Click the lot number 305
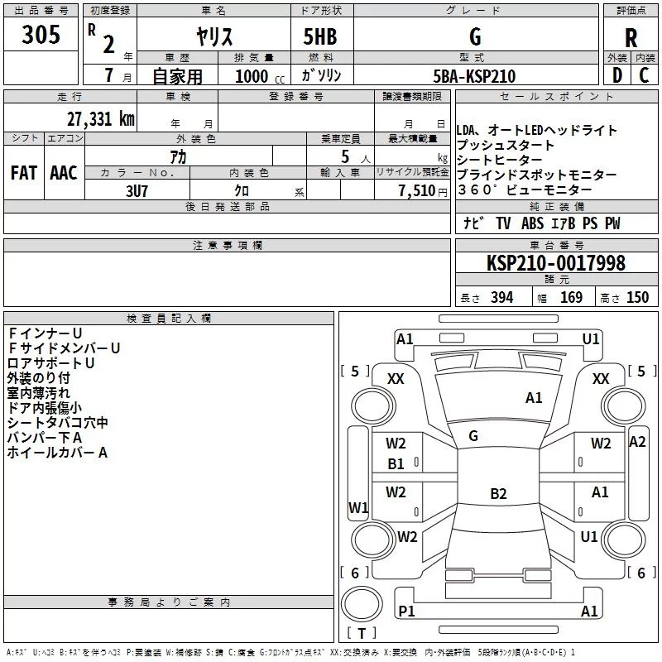click(x=41, y=35)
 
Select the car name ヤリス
click(x=213, y=37)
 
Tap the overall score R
click(x=631, y=38)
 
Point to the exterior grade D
click(x=616, y=76)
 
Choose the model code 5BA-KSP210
click(x=474, y=76)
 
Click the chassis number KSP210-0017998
click(x=555, y=263)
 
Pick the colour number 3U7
click(x=137, y=189)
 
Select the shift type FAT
click(x=24, y=173)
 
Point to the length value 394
click(x=500, y=298)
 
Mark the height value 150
click(x=636, y=298)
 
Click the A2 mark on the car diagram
click(x=636, y=442)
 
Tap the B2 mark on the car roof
click(x=498, y=494)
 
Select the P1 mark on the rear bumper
click(x=405, y=612)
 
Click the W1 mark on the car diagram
click(x=357, y=506)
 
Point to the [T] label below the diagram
click(x=361, y=633)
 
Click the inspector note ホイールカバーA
click(x=57, y=453)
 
